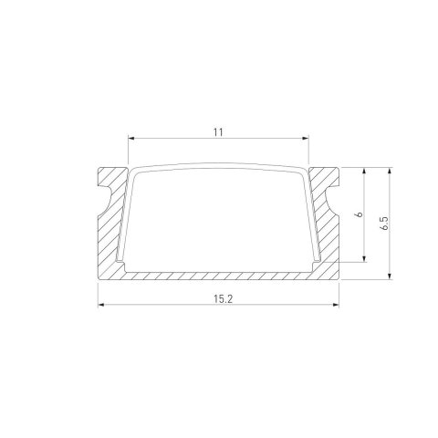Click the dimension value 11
(x=218, y=131)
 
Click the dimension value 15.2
(x=218, y=297)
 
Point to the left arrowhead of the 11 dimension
(x=130, y=139)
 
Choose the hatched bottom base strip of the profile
(x=218, y=274)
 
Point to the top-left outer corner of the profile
(x=97, y=168)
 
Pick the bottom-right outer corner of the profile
(x=339, y=278)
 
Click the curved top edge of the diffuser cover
(x=218, y=167)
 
